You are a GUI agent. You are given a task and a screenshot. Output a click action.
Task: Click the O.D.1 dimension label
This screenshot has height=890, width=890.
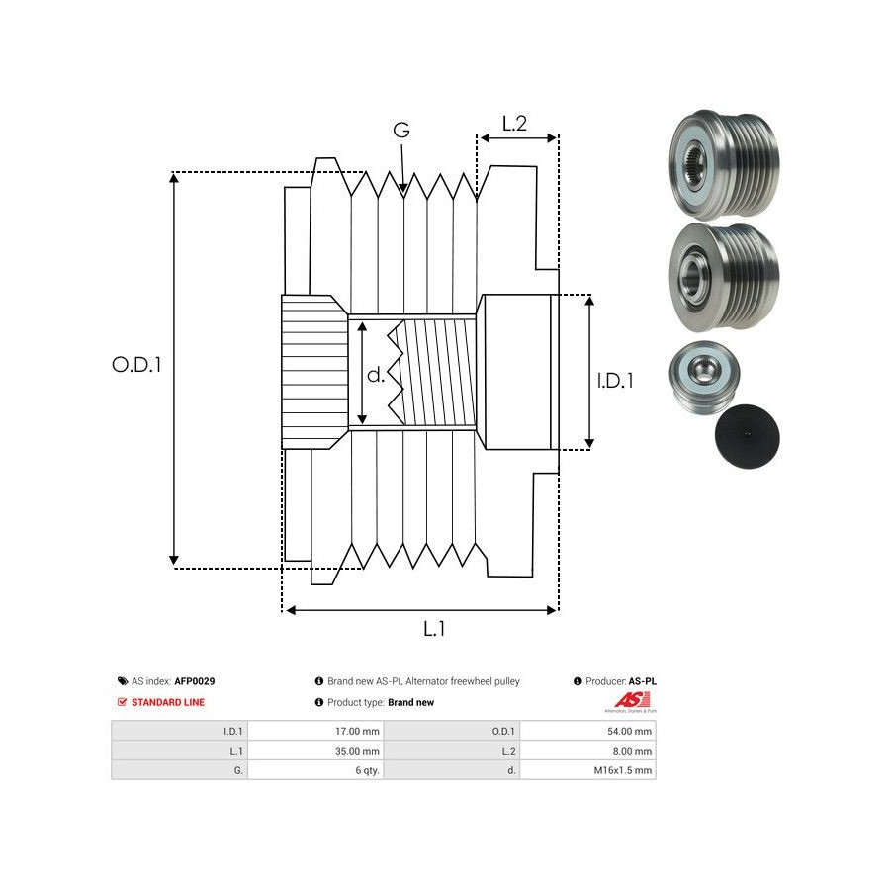pos(136,364)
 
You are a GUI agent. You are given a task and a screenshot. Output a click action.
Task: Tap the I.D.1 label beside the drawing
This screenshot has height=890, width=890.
pos(614,380)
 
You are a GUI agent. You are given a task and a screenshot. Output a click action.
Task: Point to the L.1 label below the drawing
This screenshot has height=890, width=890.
pos(434,629)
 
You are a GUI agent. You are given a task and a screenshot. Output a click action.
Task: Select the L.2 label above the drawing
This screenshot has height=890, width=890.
pos(514,124)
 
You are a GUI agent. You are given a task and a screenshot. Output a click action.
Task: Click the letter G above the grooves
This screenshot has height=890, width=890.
pos(400,131)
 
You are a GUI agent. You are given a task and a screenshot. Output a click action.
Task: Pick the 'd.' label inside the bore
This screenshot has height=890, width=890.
pos(376,375)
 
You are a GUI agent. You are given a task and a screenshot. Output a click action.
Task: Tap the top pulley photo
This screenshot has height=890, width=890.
pos(725,163)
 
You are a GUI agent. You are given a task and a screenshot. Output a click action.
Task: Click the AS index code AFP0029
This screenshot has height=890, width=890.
pos(195,681)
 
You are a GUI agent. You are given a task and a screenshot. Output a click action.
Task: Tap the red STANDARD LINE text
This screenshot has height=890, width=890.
pos(168,702)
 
